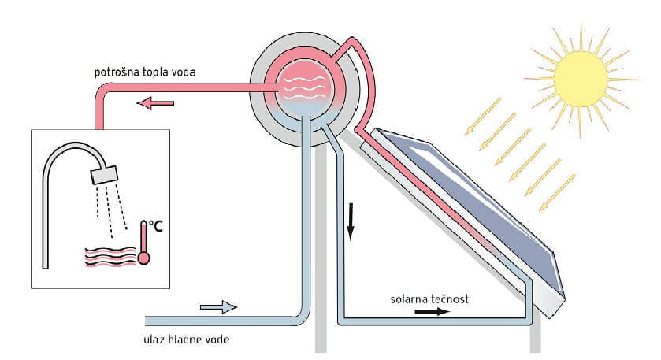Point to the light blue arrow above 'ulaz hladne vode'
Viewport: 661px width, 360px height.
coord(217,308)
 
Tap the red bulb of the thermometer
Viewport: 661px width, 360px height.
coord(144,257)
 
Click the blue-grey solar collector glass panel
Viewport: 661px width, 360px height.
coord(481,196)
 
